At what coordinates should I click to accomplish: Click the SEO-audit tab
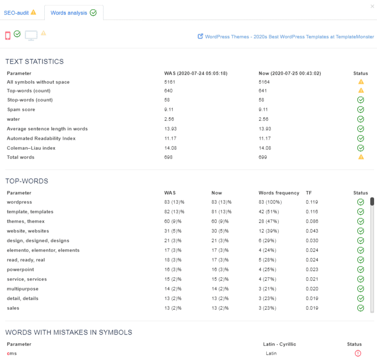coord(20,13)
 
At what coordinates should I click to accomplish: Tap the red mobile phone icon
coord(8,35)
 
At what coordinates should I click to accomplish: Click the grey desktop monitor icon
coord(31,35)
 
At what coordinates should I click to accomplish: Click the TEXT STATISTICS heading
coord(35,62)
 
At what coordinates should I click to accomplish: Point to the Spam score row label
coord(21,110)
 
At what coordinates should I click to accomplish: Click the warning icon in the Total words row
coord(361,157)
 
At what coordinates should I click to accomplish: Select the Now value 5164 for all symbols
coord(265,82)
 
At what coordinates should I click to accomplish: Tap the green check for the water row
coord(361,119)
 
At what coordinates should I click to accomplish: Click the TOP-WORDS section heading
coord(27,181)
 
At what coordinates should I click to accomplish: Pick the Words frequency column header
coord(279,193)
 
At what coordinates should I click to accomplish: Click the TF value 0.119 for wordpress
coord(312,202)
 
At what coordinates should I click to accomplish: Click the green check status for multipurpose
coord(361,289)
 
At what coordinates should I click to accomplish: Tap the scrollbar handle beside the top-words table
coord(372,201)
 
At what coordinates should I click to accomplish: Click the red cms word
coord(12,354)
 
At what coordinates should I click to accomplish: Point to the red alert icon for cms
coord(358,353)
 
